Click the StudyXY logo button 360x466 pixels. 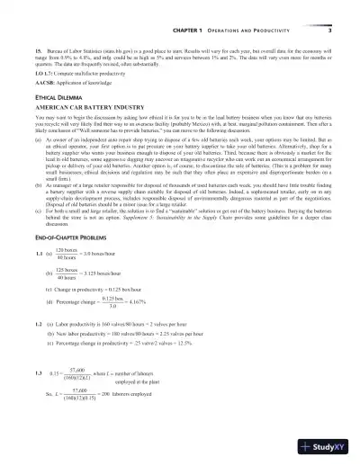(x=328, y=445)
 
